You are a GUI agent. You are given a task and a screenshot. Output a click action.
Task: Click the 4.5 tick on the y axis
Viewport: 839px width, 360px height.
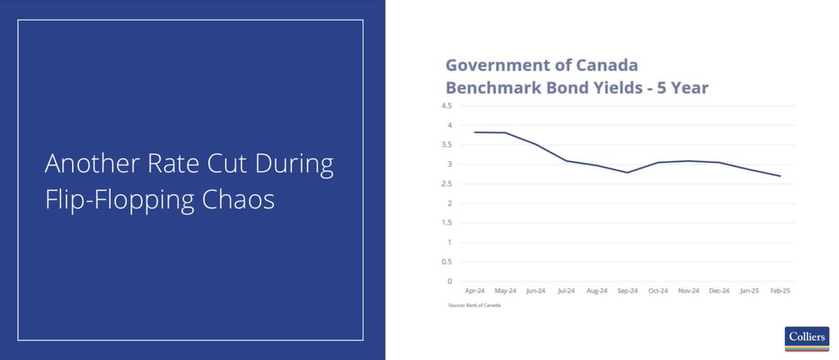click(x=446, y=106)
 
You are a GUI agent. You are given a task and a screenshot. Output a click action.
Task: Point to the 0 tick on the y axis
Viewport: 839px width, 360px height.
click(x=450, y=282)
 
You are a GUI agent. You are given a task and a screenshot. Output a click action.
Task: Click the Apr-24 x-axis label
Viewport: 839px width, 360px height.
click(x=475, y=291)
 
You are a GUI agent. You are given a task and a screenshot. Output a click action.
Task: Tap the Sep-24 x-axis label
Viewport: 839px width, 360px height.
click(x=628, y=291)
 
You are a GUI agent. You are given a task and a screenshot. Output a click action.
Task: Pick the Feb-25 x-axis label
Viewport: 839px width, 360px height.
click(x=780, y=291)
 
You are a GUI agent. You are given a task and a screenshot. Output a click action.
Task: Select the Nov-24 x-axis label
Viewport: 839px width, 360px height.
click(x=689, y=291)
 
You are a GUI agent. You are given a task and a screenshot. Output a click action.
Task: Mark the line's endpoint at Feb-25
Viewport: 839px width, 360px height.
click(x=780, y=176)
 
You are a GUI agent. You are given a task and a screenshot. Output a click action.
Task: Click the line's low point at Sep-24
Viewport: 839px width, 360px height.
click(x=628, y=173)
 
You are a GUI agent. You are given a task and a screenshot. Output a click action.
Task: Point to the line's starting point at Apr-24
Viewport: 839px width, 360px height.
click(x=475, y=132)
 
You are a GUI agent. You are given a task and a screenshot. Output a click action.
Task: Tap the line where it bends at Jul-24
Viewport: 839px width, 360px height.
click(x=566, y=161)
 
